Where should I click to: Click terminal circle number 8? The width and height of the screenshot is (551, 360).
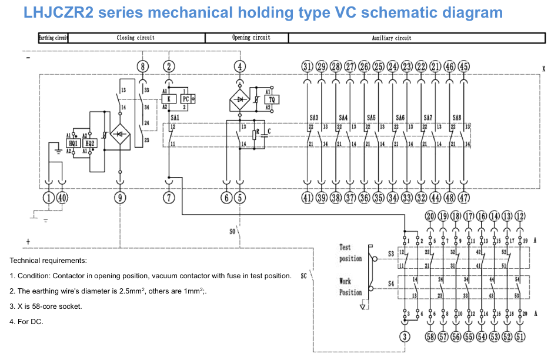(143, 66)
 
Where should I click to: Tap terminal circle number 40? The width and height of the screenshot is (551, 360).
(62, 198)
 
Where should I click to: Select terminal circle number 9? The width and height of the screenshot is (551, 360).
(121, 198)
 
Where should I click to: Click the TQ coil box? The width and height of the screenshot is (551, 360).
(272, 100)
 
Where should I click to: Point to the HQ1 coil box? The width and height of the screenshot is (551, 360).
(74, 144)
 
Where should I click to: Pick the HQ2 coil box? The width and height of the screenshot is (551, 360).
(89, 144)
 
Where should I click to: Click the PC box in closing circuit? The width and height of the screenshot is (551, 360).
(185, 99)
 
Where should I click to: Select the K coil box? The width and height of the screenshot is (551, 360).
(169, 99)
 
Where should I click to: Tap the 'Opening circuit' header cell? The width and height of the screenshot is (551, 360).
(246, 38)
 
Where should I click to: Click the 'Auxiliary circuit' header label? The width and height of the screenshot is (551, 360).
(392, 38)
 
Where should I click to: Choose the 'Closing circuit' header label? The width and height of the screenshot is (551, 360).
(136, 38)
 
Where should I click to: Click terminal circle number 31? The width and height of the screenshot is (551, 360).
(308, 66)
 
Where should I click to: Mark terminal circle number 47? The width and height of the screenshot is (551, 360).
(464, 198)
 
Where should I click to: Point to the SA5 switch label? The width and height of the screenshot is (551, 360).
(372, 118)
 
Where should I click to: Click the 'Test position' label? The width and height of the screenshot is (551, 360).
(350, 253)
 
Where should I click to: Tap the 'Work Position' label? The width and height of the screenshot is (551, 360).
(350, 286)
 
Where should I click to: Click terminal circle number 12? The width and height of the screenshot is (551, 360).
(520, 216)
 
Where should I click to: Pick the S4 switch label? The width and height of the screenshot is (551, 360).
(391, 284)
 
